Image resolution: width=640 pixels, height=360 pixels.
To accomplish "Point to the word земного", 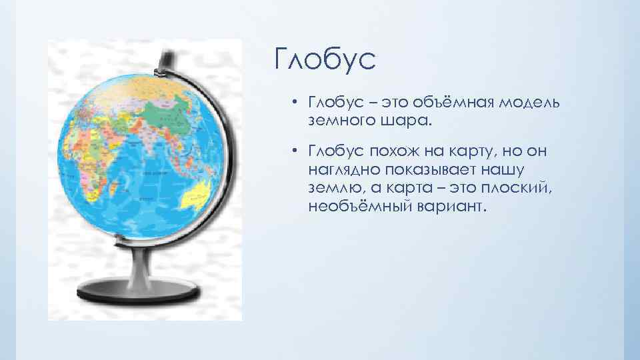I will (x=344, y=122).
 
